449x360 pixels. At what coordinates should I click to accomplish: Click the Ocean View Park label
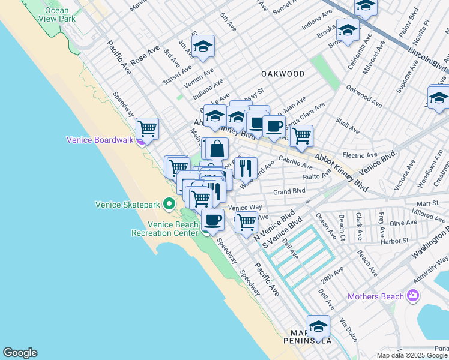pyautogui.click(x=57, y=14)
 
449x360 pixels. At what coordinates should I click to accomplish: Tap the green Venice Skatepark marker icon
pyautogui.click(x=169, y=205)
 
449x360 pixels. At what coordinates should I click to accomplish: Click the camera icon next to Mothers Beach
pyautogui.click(x=412, y=296)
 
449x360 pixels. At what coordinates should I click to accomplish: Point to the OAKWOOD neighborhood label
pyautogui.click(x=282, y=74)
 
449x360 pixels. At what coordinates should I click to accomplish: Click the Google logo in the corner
pyautogui.click(x=20, y=353)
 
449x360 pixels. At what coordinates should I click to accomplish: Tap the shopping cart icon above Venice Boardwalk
pyautogui.click(x=147, y=128)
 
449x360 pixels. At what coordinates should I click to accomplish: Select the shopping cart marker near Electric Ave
pyautogui.click(x=301, y=136)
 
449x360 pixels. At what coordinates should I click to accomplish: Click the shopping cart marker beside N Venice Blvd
pyautogui.click(x=246, y=222)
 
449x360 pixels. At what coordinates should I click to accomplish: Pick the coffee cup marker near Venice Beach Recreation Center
pyautogui.click(x=212, y=220)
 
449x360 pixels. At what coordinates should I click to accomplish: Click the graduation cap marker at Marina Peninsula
pyautogui.click(x=318, y=326)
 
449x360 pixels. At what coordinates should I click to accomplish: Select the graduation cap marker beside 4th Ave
pyautogui.click(x=203, y=47)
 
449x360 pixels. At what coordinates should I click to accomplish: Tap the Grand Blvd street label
pyautogui.click(x=289, y=192)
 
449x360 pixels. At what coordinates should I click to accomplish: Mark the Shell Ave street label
pyautogui.click(x=347, y=125)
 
